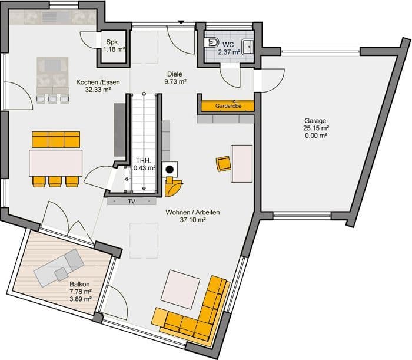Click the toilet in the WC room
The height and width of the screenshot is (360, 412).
212,42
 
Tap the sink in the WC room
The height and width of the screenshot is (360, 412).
248,47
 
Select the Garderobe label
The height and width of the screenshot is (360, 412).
228,106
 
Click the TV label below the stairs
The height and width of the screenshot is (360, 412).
132,202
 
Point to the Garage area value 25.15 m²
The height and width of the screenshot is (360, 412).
315,128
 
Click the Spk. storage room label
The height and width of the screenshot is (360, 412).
113,42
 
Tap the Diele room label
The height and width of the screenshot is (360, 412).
174,74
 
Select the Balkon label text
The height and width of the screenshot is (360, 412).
79,284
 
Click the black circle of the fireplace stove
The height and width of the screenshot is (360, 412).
170,170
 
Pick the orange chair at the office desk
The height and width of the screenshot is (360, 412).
223,164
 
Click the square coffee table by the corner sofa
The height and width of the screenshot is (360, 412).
181,289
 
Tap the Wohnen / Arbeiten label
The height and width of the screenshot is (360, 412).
192,213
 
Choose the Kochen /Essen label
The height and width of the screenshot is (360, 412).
98,82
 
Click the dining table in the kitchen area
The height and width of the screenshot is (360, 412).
56,163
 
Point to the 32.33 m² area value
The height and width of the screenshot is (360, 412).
98,90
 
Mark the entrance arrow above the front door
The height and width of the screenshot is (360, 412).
181,22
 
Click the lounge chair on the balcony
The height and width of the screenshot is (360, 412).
59,267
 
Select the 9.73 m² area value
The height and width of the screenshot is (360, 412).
175,82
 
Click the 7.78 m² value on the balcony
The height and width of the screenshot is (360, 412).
81,292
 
